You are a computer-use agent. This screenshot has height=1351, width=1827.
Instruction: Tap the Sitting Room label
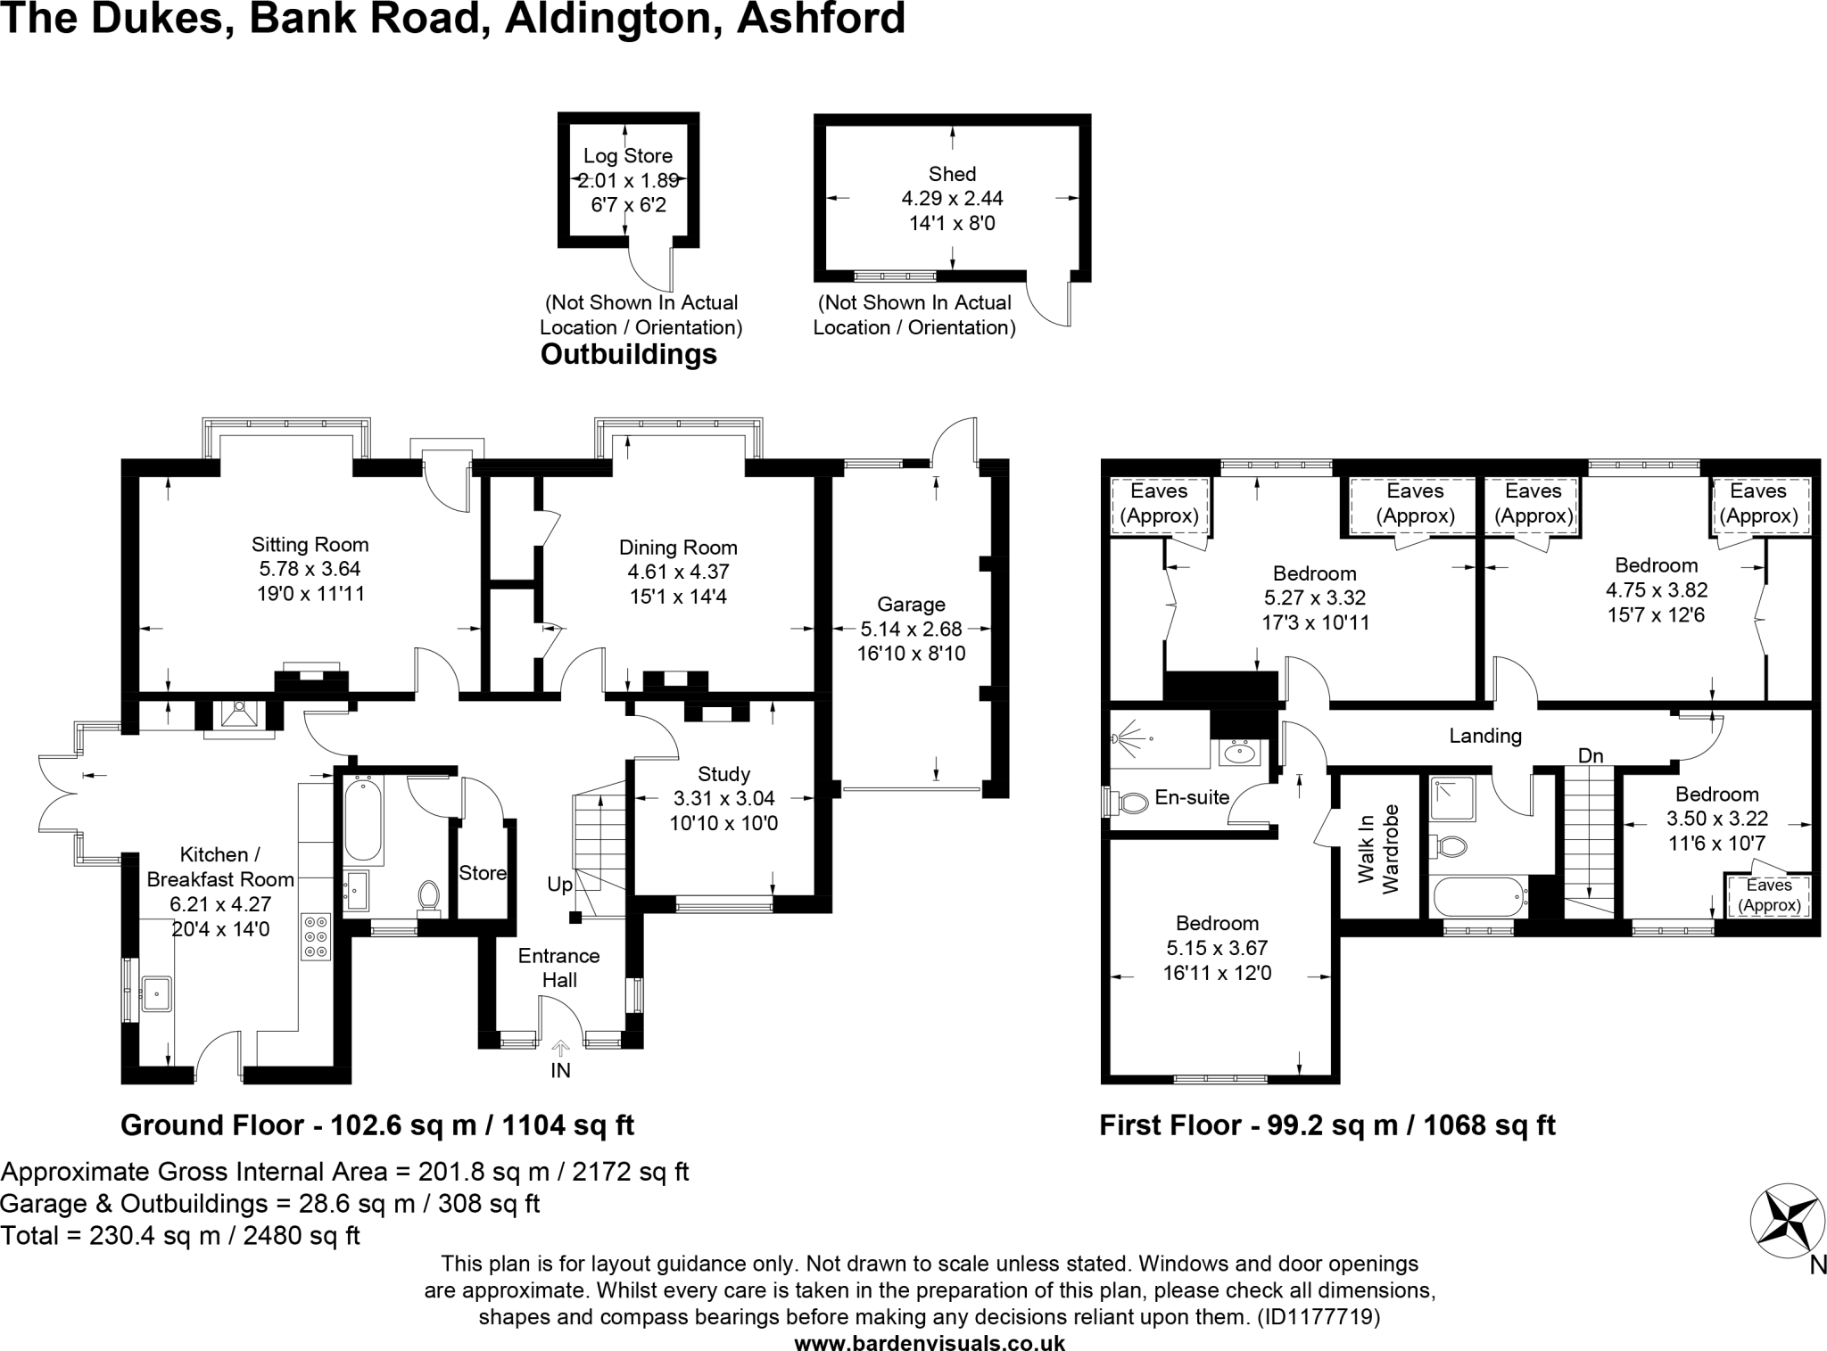[x=310, y=544]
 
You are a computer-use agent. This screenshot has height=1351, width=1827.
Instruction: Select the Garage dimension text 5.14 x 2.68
[x=911, y=629]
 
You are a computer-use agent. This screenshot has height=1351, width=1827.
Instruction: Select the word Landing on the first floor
[x=1484, y=736]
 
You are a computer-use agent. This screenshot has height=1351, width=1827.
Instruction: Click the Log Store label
[x=627, y=156]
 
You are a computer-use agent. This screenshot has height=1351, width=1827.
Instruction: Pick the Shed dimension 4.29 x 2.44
[x=952, y=198]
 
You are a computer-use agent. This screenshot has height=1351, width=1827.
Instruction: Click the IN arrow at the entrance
[x=560, y=1050]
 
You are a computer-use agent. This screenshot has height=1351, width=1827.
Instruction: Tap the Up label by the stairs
[x=560, y=885]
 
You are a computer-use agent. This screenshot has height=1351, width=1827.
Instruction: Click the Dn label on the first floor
[x=1591, y=756]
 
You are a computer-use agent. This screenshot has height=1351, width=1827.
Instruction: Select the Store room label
[x=483, y=873]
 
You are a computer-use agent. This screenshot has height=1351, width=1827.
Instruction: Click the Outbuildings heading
[x=629, y=355]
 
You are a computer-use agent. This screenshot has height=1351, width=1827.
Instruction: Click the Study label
[x=723, y=774]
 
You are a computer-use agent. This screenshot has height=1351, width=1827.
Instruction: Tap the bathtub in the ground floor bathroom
[x=363, y=820]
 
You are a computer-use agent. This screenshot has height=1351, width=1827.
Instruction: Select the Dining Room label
[x=678, y=548]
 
